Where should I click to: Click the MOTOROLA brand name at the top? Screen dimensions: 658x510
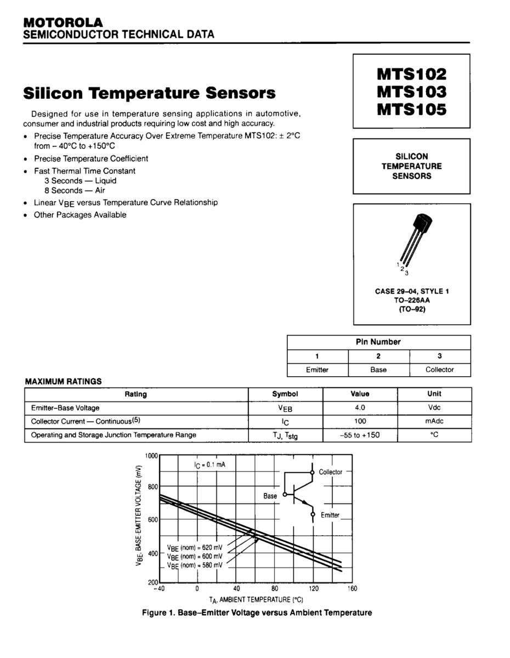tap(63, 22)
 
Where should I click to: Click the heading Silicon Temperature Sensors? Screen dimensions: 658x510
tap(149, 93)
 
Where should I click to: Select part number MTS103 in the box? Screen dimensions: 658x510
tap(411, 91)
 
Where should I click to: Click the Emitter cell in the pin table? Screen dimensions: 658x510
tap(317, 370)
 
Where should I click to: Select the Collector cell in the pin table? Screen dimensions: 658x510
tap(439, 370)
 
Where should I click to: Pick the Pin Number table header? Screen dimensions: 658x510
tap(378, 342)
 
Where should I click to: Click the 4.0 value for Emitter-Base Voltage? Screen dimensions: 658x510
tap(360, 408)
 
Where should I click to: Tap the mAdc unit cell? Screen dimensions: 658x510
tap(434, 422)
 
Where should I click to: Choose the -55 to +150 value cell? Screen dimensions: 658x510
tap(360, 435)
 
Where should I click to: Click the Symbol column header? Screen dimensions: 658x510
tap(285, 394)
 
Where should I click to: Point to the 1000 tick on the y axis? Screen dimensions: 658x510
tap(151, 456)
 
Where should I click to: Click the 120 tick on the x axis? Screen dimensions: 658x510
tap(314, 589)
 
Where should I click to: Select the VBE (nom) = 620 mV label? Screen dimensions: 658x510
tap(195, 547)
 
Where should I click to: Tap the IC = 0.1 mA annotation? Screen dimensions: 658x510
tap(209, 464)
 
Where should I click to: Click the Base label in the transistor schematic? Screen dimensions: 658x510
tap(270, 496)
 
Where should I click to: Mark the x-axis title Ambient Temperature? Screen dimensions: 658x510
tap(256, 600)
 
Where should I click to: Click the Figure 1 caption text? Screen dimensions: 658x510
tap(257, 612)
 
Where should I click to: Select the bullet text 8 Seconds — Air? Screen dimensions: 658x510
tap(75, 190)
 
